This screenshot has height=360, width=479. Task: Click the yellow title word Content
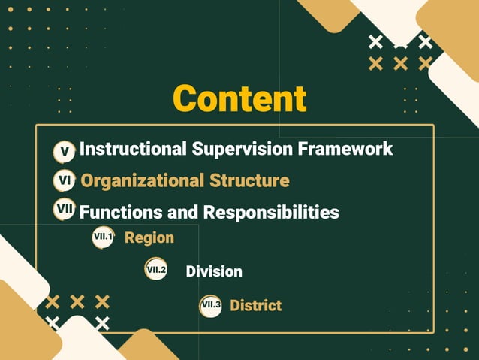point(239,98)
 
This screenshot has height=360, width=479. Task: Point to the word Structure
point(249,181)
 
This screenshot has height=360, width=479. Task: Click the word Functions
point(115,213)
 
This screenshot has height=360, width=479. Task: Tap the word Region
point(149,238)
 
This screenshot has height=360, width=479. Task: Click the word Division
point(214,271)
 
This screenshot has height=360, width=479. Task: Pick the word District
point(255,305)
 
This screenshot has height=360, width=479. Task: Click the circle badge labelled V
point(65,152)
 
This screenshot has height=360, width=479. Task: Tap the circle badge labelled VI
point(64,181)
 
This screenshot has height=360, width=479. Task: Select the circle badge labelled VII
point(65,210)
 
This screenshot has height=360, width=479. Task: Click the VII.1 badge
point(103,237)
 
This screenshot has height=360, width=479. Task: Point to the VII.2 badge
point(156,270)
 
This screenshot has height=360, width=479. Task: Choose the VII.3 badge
point(211,305)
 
